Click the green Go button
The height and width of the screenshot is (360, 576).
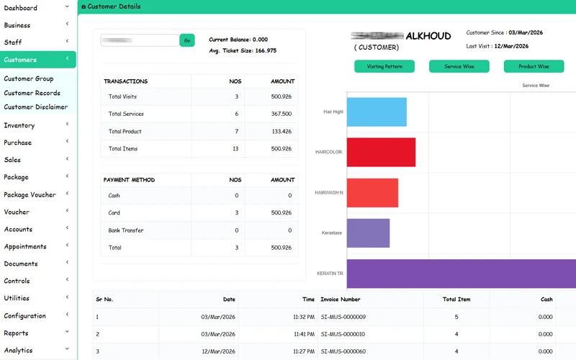coord(187,40)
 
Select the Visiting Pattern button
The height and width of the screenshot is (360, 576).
coord(384,66)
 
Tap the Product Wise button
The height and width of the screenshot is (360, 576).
coord(534,66)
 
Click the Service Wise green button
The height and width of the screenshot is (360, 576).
coord(459,66)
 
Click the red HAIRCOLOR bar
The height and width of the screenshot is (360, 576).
coord(381,152)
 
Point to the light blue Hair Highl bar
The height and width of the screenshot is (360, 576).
coord(377,112)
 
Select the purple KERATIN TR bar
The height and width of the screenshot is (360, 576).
coord(461,274)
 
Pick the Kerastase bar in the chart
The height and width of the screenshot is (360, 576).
coord(368,233)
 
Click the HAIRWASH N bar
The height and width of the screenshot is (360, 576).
coord(372,193)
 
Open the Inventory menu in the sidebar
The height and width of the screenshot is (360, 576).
coord(19,125)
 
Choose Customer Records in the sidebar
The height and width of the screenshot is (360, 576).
coord(32,93)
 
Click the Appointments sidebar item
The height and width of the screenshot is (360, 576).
coord(25,246)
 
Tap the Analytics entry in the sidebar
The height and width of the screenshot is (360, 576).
coord(18,350)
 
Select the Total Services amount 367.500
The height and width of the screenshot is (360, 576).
coord(281,114)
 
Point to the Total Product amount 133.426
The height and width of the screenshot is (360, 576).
coord(281,132)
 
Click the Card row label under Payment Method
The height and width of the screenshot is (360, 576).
coord(114,213)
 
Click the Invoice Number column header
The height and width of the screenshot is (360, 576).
coord(341,299)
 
